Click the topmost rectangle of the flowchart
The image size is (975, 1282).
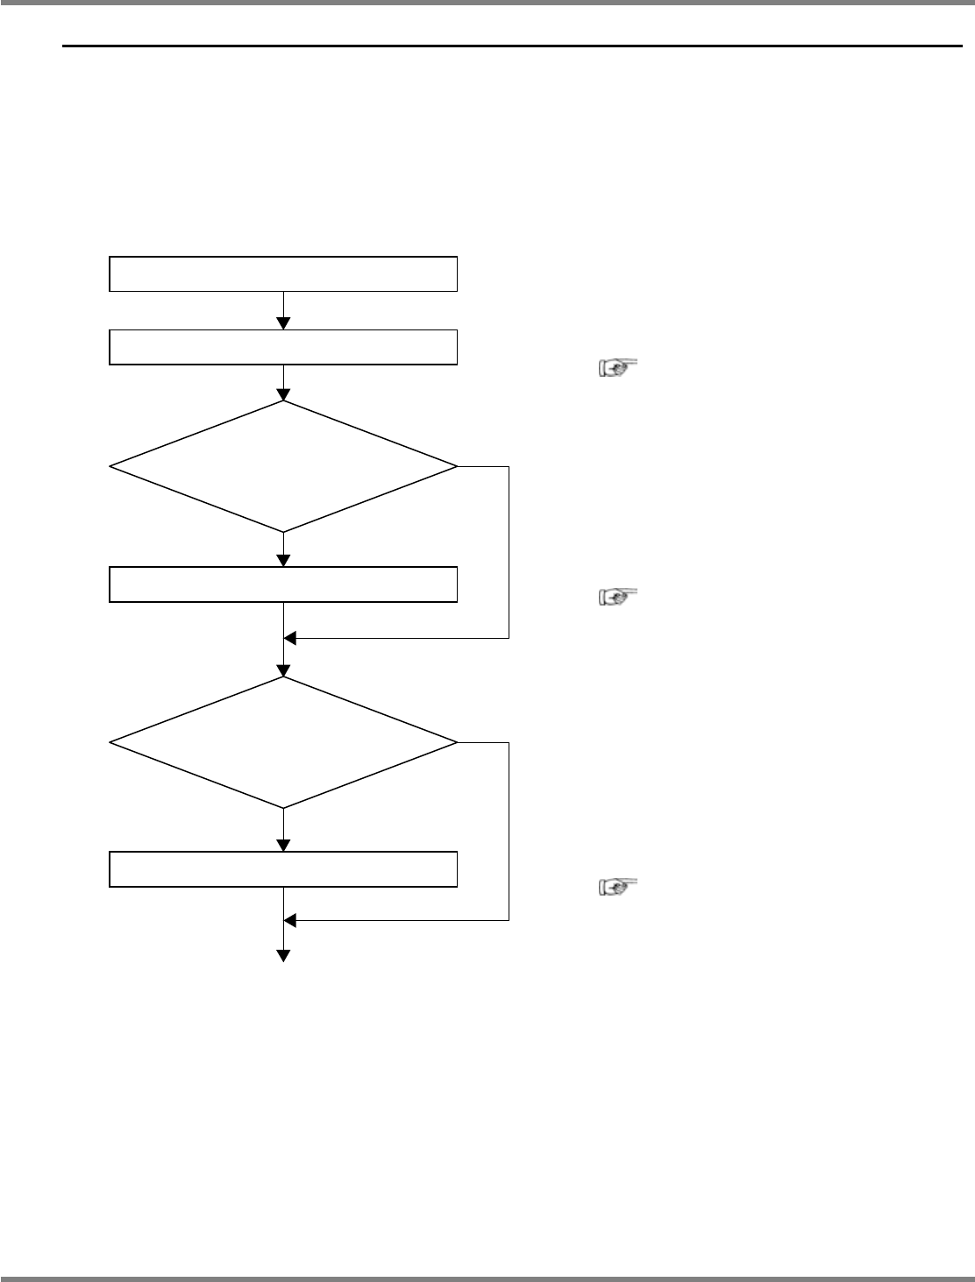point(282,273)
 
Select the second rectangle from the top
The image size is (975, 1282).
point(282,346)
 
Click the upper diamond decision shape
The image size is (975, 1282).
point(282,466)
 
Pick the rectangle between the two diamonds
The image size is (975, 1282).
point(282,584)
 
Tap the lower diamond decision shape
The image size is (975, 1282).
point(282,743)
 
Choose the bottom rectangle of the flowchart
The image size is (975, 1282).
point(282,868)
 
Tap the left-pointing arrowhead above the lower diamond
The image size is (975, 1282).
point(291,639)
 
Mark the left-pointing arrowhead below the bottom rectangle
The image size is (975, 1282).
point(291,920)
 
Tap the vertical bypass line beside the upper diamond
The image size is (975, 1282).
point(509,552)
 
